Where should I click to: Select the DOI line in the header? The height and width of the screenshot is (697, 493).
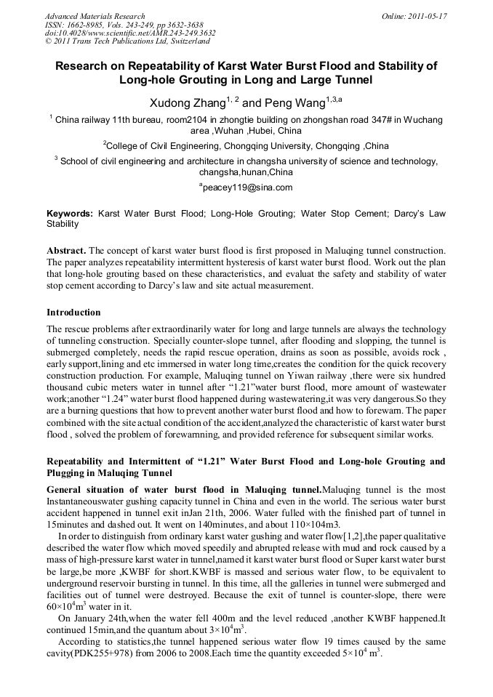point(130,33)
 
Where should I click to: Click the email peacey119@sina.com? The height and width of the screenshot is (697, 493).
point(248,187)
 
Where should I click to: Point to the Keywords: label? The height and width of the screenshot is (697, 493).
point(70,214)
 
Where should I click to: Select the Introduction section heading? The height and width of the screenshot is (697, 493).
point(73,313)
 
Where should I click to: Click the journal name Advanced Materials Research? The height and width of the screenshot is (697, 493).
point(95,15)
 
